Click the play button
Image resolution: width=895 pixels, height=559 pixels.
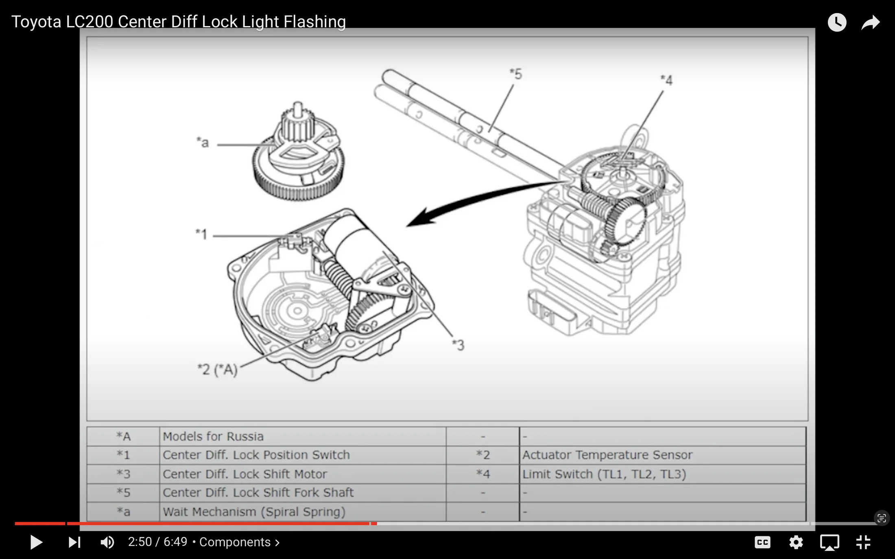click(x=36, y=542)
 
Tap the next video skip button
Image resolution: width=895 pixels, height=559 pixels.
click(x=74, y=542)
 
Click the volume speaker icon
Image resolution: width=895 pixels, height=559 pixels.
click(x=107, y=542)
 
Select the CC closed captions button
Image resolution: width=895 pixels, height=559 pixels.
click(x=762, y=542)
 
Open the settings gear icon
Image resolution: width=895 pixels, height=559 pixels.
click(x=796, y=542)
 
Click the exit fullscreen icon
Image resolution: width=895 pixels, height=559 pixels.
click(x=863, y=542)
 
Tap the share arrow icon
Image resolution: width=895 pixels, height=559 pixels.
click(x=871, y=22)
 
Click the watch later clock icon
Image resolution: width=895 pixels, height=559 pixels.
click(x=837, y=22)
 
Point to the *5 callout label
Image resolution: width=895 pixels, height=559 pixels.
click(x=516, y=74)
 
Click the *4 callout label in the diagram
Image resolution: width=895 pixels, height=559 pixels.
click(x=666, y=80)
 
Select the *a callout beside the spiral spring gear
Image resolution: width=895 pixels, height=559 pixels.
click(x=203, y=142)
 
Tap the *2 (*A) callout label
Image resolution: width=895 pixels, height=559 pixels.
click(x=217, y=370)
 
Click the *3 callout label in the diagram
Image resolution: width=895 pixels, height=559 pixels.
click(x=458, y=345)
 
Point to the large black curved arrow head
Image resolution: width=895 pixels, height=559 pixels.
click(x=419, y=218)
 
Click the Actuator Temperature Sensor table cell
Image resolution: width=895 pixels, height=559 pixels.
click(x=607, y=455)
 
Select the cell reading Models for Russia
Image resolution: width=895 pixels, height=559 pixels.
click(x=213, y=437)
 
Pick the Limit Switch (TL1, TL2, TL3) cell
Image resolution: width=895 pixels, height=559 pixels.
click(x=604, y=474)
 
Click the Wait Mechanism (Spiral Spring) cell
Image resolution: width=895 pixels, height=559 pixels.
click(x=254, y=512)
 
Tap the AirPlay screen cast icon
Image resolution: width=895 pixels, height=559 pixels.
click(x=829, y=542)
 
